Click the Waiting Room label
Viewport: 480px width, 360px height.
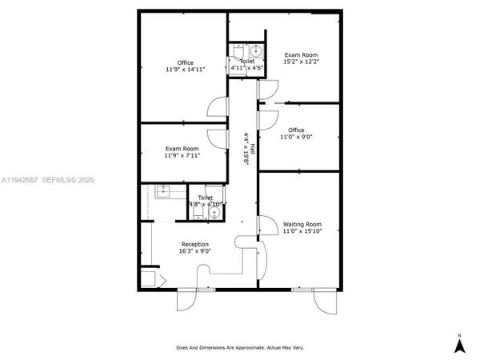pyautogui.click(x=302, y=224)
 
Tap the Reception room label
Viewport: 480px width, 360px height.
pyautogui.click(x=194, y=244)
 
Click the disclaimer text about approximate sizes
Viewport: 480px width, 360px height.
pyautogui.click(x=240, y=348)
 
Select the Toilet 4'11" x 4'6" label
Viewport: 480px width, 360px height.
pyautogui.click(x=246, y=65)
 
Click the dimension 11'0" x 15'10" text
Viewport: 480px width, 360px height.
pyautogui.click(x=302, y=231)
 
